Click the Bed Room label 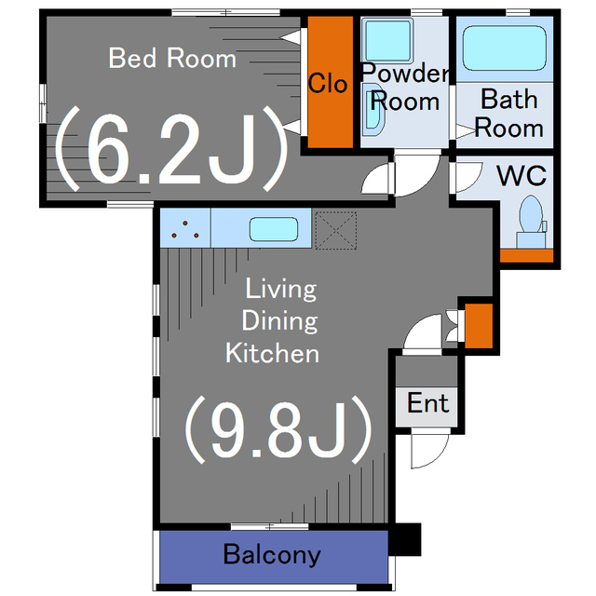172,58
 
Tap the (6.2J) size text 171,149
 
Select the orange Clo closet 331,82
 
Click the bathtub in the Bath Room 505,48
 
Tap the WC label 521,176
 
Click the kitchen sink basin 274,229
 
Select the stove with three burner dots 185,228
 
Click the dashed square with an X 336,231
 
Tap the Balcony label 272,554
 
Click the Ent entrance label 427,403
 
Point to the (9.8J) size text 278,430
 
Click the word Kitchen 272,353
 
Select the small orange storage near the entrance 479,326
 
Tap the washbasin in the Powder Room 373,110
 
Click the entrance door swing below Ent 429,451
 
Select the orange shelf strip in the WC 526,255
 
